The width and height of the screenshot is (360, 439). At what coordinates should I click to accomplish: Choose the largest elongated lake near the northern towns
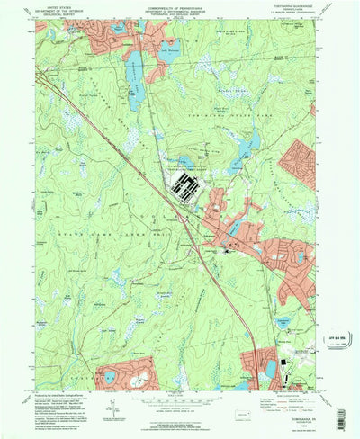coord(135,81)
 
